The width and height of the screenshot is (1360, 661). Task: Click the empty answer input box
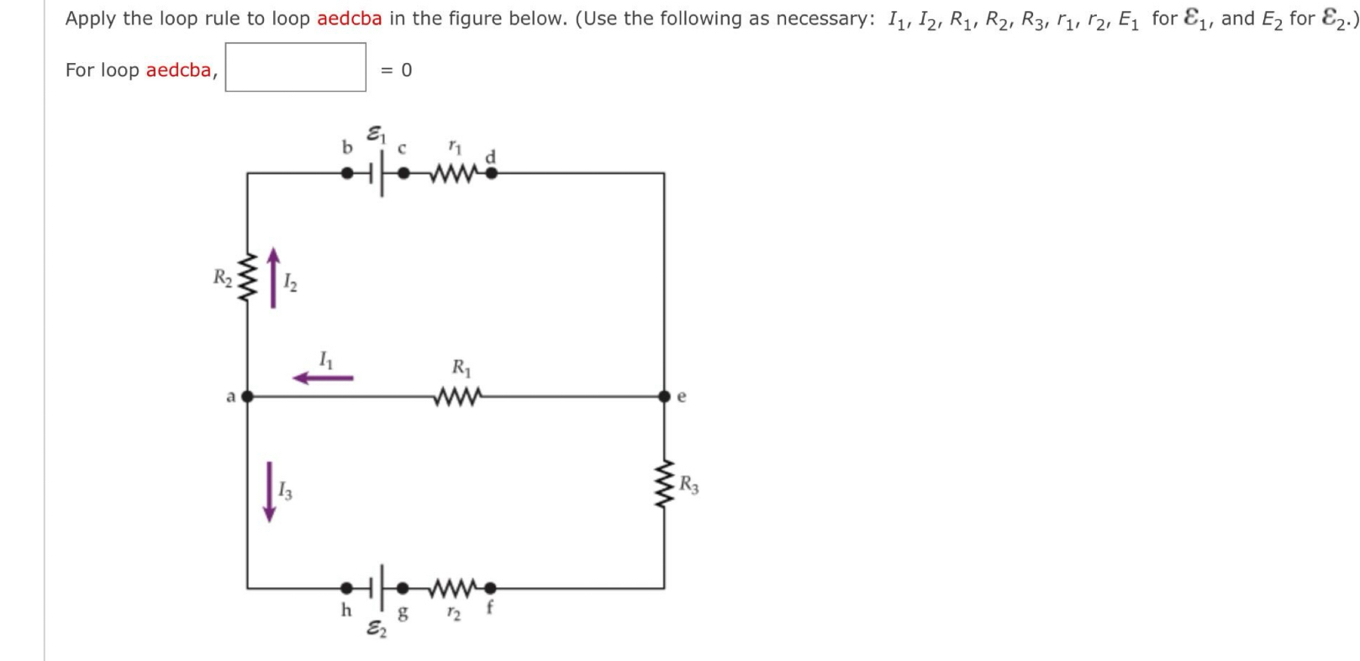click(x=295, y=67)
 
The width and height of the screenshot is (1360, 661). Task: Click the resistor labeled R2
click(x=246, y=278)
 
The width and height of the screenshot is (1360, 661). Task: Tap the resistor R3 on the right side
click(x=665, y=486)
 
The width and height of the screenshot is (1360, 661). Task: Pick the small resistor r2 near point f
click(x=455, y=587)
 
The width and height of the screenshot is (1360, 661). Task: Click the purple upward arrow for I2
click(x=272, y=278)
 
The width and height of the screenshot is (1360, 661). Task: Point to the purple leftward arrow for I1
click(x=323, y=378)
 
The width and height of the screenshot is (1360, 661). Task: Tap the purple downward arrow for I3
click(x=269, y=491)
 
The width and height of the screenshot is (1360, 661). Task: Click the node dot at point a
click(x=247, y=395)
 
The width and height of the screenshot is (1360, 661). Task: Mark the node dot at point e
click(x=665, y=395)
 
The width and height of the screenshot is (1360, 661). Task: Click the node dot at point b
click(x=345, y=174)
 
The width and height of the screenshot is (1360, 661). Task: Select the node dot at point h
click(x=345, y=587)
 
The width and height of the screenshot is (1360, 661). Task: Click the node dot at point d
click(x=492, y=174)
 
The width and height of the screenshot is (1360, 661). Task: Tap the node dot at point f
click(x=492, y=587)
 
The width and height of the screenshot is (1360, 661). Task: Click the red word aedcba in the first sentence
click(x=349, y=19)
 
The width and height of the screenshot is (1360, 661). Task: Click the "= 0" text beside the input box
click(x=396, y=70)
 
